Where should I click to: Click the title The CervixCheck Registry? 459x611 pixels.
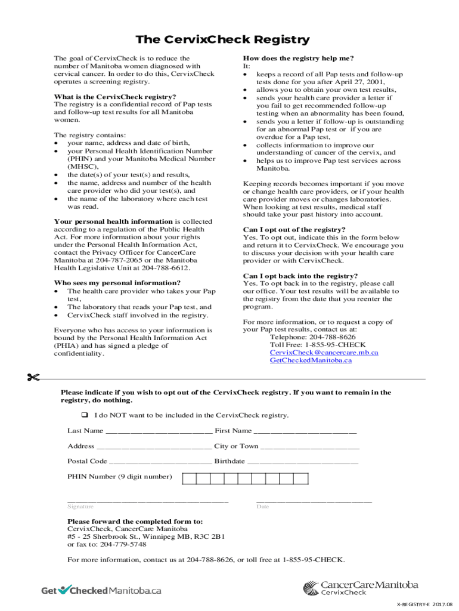(x=222, y=40)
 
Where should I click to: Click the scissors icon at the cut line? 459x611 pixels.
(x=32, y=377)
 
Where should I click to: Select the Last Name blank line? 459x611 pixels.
(x=158, y=432)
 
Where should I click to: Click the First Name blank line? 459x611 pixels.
(x=305, y=432)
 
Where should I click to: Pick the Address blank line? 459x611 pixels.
(x=154, y=447)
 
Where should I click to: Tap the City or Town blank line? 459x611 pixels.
(x=310, y=447)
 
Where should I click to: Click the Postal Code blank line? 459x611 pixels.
(x=160, y=462)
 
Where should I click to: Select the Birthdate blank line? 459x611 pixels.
(x=303, y=462)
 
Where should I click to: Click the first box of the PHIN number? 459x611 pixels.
(x=189, y=479)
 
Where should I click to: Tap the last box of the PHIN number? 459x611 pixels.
(x=301, y=479)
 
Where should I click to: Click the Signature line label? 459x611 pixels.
(x=80, y=507)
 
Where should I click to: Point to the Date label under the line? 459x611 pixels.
(x=263, y=507)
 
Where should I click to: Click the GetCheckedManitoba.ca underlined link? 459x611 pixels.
(x=311, y=360)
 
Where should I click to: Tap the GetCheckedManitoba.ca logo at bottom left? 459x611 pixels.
(x=101, y=590)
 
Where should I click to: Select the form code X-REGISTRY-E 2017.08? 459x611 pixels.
(x=424, y=604)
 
